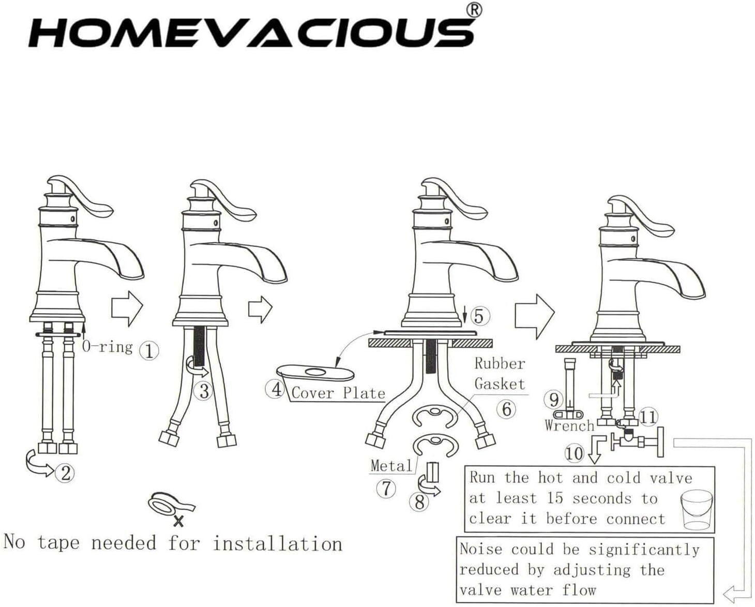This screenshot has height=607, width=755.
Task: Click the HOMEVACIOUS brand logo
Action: tap(251, 32)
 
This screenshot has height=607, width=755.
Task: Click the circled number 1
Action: tap(149, 351)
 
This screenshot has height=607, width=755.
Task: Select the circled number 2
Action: tap(66, 472)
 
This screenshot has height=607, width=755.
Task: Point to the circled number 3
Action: tap(204, 391)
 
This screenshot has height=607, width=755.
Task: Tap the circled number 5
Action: tap(479, 316)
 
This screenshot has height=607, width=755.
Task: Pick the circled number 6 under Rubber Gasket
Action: tap(506, 409)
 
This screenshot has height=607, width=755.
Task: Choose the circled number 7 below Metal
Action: tap(386, 488)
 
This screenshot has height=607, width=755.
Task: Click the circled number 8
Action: tap(419, 501)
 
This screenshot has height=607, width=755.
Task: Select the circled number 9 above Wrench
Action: tap(554, 399)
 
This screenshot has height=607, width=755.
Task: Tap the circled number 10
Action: tap(574, 453)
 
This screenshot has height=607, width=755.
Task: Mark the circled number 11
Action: tap(648, 417)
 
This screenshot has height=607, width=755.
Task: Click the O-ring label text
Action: tap(107, 346)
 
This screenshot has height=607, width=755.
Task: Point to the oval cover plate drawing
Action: tap(315, 373)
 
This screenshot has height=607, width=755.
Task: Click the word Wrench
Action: tap(569, 426)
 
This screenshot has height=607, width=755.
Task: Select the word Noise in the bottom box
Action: tap(480, 549)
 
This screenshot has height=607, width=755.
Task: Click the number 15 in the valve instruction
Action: tap(554, 498)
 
